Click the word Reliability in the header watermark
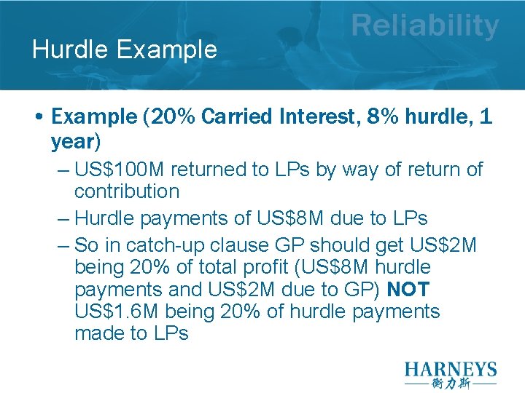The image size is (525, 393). [x=425, y=26]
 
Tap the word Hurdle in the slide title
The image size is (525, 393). [x=68, y=49]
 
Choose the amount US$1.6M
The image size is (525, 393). [x=117, y=311]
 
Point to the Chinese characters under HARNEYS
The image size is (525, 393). [x=451, y=384]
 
